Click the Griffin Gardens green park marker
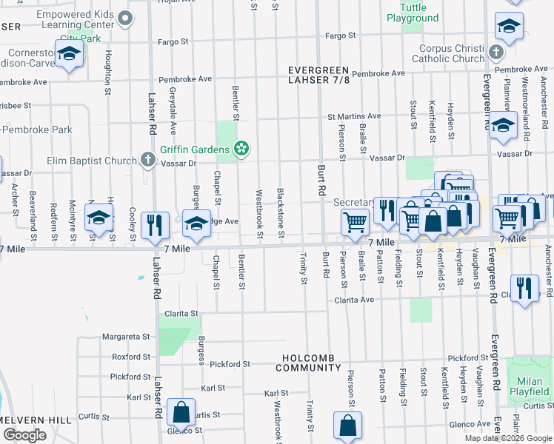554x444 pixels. (x=241, y=149)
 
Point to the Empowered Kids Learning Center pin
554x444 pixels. (x=127, y=18)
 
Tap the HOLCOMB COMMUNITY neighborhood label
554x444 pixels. (x=309, y=363)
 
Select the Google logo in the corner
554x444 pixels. (x=24, y=435)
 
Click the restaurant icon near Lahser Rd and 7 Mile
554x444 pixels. (x=155, y=224)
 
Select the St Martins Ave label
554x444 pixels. (x=354, y=116)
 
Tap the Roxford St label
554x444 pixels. (x=130, y=356)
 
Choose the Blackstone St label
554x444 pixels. (x=281, y=212)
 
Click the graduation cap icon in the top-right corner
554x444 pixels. (x=509, y=28)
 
